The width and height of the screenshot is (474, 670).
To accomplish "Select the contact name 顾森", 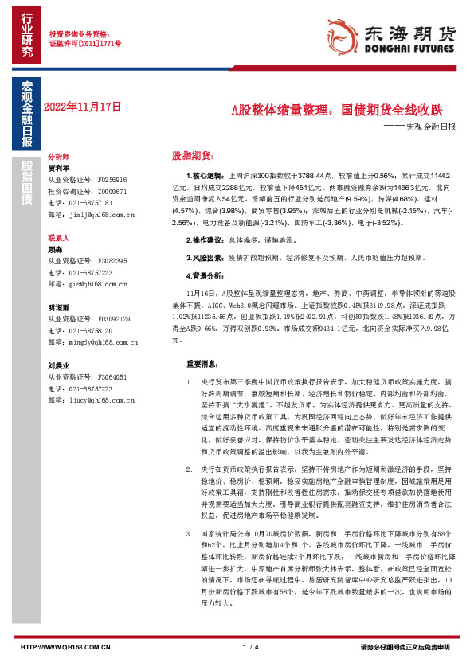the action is [x=55, y=248].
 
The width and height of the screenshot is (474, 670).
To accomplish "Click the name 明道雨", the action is [x=59, y=306].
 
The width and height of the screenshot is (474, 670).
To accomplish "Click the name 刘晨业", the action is [x=59, y=364].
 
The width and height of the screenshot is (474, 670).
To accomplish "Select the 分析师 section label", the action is [x=59, y=157].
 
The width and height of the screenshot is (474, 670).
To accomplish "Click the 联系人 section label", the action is [x=59, y=237].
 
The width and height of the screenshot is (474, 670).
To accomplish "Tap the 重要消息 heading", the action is [x=202, y=364].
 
